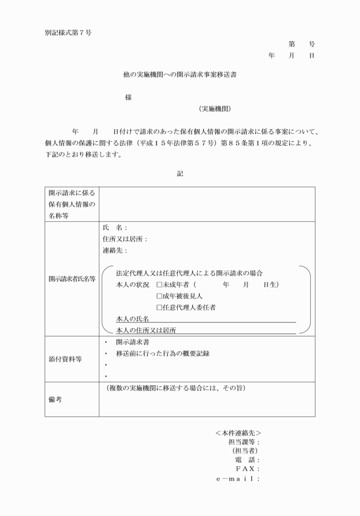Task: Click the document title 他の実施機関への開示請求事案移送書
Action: pos(179,74)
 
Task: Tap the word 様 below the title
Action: pos(128,97)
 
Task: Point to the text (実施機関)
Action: pos(215,109)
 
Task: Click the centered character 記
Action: pos(179,173)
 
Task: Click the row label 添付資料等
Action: pos(64,359)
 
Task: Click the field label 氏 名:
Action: pos(114,227)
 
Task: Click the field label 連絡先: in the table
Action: pos(114,250)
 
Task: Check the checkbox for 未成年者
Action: pos(159,285)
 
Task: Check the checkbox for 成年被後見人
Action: pos(159,296)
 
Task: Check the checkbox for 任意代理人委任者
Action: pos(159,307)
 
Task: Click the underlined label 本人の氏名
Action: pos(132,319)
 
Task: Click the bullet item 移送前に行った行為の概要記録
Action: pos(162,353)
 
